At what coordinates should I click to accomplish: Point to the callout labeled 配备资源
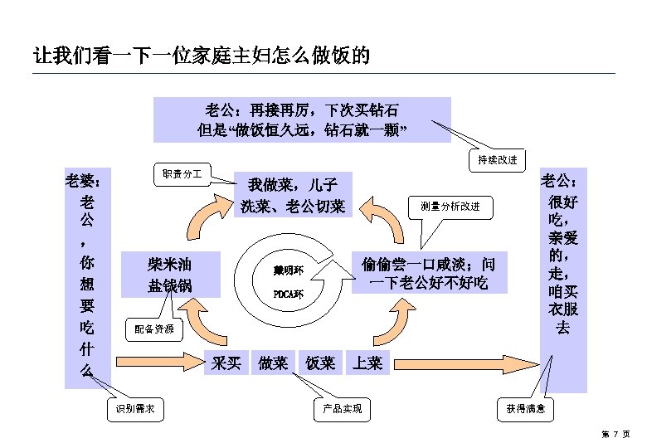154,329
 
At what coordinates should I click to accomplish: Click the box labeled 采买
226,363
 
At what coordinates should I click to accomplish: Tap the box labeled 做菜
273,363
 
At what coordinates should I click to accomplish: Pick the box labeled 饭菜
320,363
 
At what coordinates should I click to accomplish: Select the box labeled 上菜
367,363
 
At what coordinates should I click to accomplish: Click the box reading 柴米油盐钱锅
170,275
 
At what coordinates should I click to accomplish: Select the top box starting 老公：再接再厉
302,119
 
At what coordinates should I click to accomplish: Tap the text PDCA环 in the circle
289,294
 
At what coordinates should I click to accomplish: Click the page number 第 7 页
615,434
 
